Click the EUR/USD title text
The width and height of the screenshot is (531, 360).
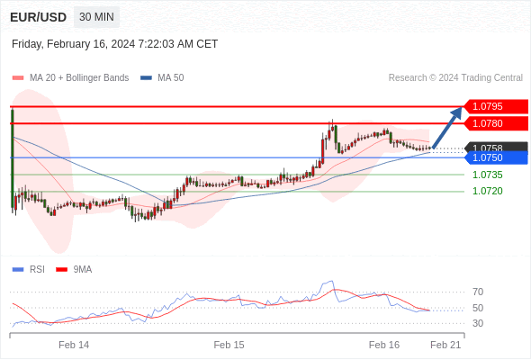point(39,17)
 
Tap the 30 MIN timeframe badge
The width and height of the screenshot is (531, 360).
point(96,17)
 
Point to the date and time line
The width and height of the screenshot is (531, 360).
point(114,44)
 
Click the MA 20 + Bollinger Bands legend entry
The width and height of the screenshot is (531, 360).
point(71,78)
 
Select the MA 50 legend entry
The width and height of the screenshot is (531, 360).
point(162,78)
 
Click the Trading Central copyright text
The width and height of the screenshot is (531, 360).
point(455,78)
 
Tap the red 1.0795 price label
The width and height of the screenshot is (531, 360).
point(496,106)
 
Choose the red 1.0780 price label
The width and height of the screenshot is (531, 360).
point(496,123)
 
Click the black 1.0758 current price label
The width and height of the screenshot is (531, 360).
point(496,147)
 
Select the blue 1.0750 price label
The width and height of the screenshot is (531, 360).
point(496,157)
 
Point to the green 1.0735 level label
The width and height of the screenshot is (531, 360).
point(488,175)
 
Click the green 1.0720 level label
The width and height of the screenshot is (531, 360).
point(488,191)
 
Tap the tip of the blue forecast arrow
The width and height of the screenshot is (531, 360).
point(462,107)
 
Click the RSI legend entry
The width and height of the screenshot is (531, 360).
point(29,270)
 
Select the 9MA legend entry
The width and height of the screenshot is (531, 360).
point(74,270)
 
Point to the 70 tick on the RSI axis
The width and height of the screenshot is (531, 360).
point(478,292)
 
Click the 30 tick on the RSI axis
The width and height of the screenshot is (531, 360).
point(478,323)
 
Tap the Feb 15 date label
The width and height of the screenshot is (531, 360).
point(229,345)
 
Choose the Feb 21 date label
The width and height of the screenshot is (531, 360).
point(445,345)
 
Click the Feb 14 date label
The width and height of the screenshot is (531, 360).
point(74,345)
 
